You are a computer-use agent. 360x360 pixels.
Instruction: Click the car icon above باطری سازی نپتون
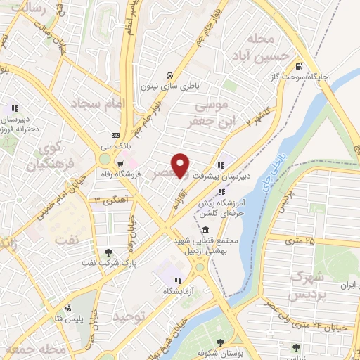click(x=169, y=75)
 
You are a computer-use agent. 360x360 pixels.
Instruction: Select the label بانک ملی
click(x=116, y=146)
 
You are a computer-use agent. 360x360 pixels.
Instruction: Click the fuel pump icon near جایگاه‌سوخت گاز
click(x=300, y=60)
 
